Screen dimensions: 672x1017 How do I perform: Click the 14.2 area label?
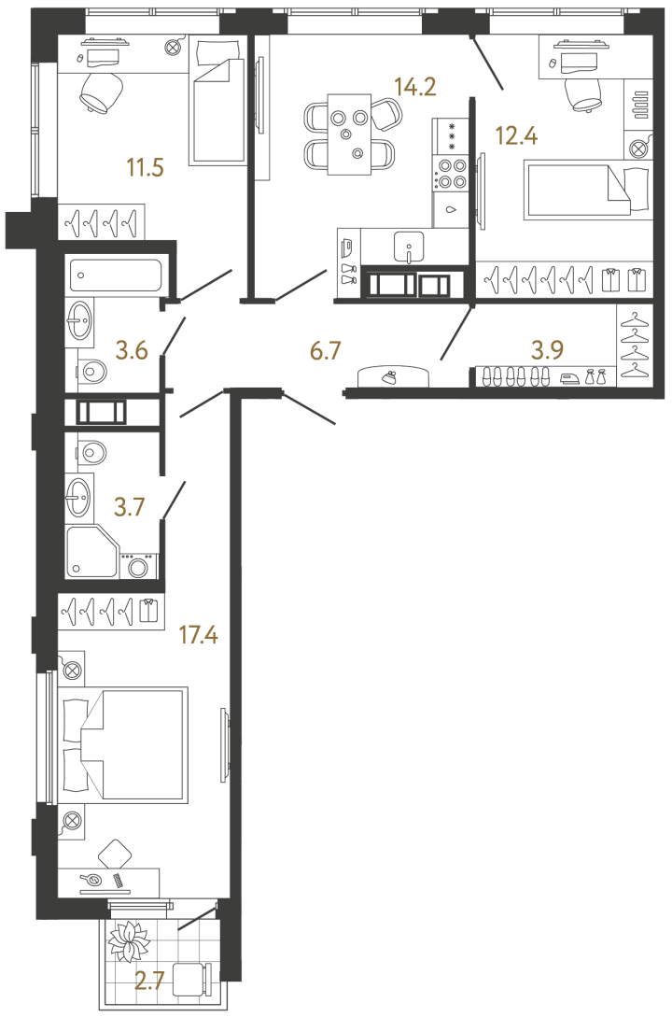pos(415,86)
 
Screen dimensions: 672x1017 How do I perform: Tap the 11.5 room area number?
pos(146,168)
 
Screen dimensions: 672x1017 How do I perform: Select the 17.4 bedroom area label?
pos(198,635)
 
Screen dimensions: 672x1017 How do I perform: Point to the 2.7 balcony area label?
pos(148,982)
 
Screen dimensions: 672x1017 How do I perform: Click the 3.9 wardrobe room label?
pos(548,350)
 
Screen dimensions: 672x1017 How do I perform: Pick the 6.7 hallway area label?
pos(326,351)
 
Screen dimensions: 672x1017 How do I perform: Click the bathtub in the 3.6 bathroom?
pos(116,275)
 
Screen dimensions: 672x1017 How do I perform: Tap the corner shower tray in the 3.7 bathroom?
pos(92,551)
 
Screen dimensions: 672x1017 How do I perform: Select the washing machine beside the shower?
pos(138,565)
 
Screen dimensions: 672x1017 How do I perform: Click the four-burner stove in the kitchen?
pos(451,174)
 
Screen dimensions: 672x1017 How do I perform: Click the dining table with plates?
pos(349,134)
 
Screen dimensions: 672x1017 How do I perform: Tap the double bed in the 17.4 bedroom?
pos(122,745)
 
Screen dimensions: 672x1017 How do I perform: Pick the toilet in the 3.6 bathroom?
pos(94,374)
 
